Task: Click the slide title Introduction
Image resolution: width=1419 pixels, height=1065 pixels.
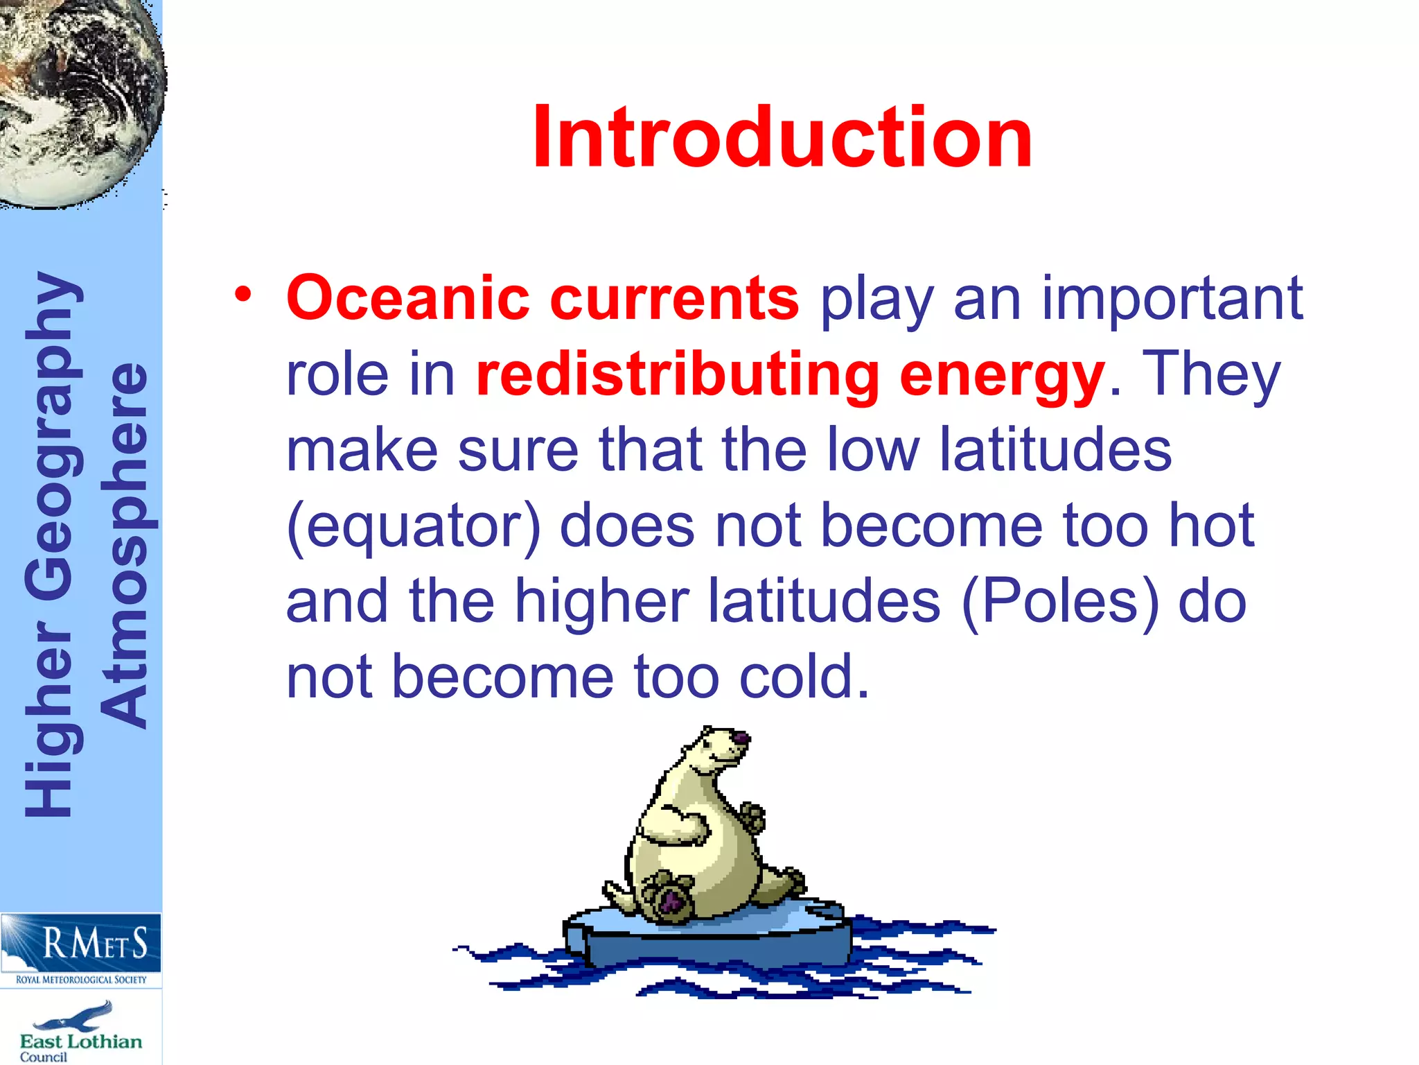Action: pyautogui.click(x=782, y=137)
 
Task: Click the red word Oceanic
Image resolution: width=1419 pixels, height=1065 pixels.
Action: pyautogui.click(x=408, y=299)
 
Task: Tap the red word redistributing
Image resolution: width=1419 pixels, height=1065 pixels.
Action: pyautogui.click(x=678, y=375)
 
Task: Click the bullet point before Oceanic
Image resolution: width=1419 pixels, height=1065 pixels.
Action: pyautogui.click(x=243, y=295)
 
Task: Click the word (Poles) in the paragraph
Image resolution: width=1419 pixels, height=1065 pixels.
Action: pyautogui.click(x=1060, y=602)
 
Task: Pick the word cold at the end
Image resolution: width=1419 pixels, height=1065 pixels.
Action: pyautogui.click(x=804, y=677)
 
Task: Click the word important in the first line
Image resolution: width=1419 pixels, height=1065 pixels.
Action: pyautogui.click(x=1172, y=299)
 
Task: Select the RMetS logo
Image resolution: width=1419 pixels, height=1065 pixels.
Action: pyautogui.click(x=81, y=942)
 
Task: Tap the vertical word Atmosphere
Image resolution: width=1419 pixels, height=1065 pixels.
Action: pyautogui.click(x=125, y=544)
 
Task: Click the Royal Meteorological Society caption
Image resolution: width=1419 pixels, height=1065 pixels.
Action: pyautogui.click(x=81, y=980)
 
